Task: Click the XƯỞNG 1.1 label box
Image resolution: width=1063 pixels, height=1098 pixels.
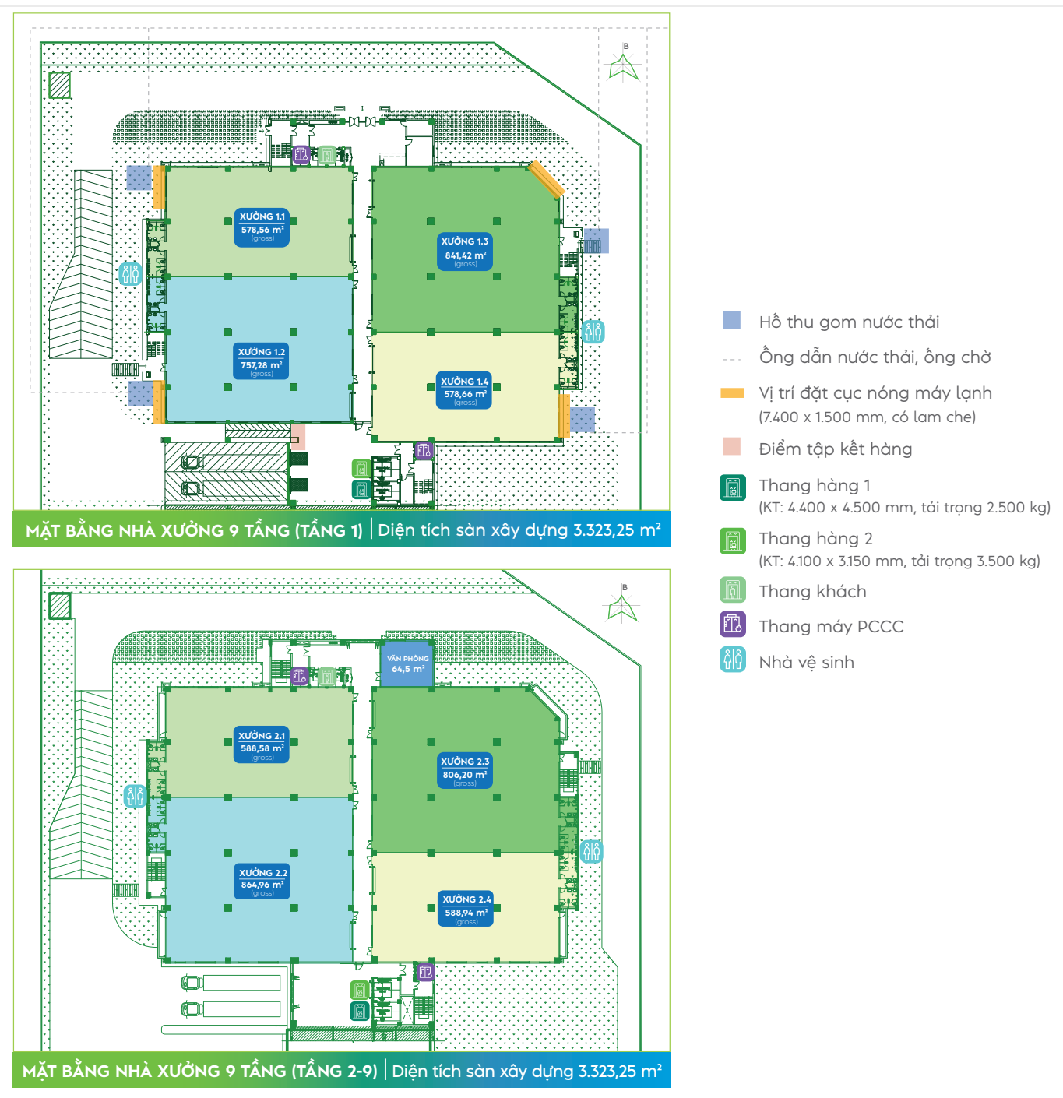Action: [262, 227]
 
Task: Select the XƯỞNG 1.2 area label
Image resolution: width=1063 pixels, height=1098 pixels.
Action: [262, 362]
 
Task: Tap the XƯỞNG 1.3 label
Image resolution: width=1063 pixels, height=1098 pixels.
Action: [465, 252]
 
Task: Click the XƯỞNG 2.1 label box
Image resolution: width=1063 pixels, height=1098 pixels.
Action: [262, 745]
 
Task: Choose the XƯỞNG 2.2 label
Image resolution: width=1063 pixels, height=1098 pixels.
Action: [263, 882]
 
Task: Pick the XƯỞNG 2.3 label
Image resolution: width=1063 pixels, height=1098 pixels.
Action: [465, 771]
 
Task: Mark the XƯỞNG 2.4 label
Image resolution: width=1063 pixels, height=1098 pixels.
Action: [466, 909]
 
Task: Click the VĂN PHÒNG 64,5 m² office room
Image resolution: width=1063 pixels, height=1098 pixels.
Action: [407, 664]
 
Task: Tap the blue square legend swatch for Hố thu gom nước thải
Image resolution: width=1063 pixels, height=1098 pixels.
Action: [731, 320]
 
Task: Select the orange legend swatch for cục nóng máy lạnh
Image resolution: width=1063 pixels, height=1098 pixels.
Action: [732, 392]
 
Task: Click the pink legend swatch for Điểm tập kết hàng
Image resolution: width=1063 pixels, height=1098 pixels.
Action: [731, 446]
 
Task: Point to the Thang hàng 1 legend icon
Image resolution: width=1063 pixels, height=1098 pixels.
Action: [733, 487]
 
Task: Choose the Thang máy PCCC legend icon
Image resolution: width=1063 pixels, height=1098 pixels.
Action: [733, 625]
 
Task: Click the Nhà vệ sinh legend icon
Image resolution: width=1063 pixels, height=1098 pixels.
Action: [733, 660]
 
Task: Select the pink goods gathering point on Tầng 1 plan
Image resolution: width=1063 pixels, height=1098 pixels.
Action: [298, 435]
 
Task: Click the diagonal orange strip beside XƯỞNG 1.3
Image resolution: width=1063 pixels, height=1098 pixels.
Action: [546, 179]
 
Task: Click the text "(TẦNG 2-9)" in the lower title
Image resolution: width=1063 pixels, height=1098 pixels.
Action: [334, 1071]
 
